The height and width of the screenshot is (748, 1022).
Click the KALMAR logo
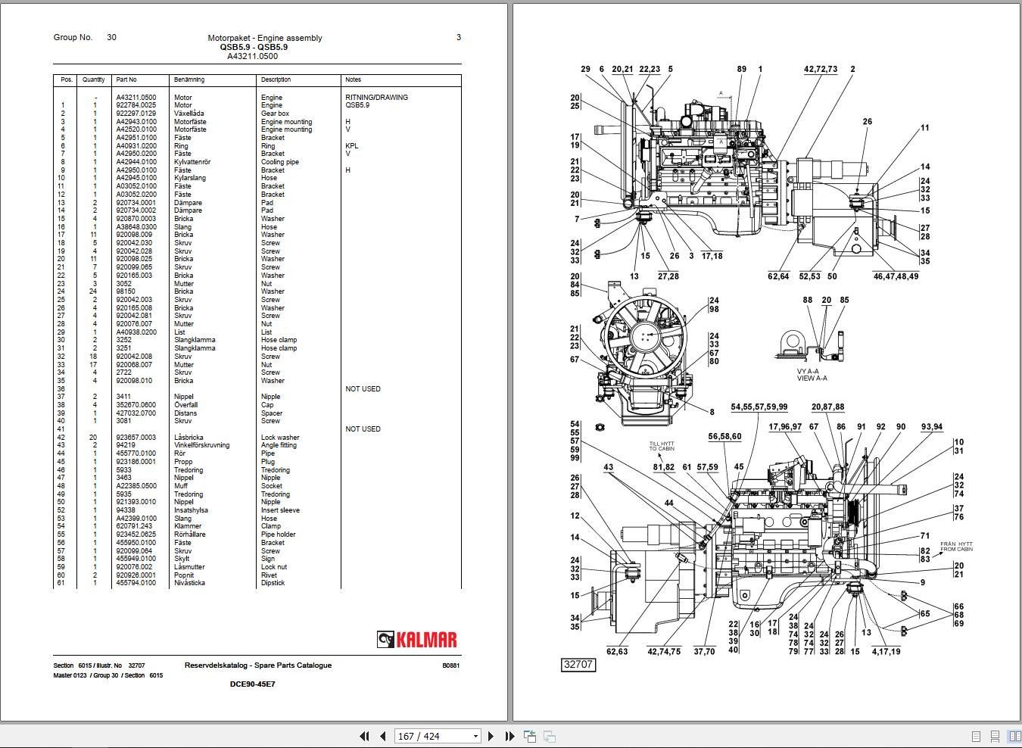tap(417, 640)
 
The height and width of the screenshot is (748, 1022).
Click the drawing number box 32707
tap(578, 665)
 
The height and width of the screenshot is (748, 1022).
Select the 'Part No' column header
tap(126, 79)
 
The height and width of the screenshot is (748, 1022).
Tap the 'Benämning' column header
tap(189, 79)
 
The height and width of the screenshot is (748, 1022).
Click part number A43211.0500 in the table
tap(136, 98)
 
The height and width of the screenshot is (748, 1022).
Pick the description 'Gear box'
tap(275, 114)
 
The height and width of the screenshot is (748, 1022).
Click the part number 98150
tap(126, 291)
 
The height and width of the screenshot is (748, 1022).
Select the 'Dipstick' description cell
tap(273, 583)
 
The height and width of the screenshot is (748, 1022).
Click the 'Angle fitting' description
tap(279, 445)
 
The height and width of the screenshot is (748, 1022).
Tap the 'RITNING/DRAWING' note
tap(376, 98)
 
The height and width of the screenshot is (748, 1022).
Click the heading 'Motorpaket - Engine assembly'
tap(264, 38)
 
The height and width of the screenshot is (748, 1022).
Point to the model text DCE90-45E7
tap(252, 684)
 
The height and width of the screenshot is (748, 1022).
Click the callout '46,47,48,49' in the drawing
tap(896, 276)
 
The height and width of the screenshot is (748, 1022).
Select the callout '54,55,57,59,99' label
tap(759, 407)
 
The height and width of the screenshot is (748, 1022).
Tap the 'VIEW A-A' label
tap(812, 379)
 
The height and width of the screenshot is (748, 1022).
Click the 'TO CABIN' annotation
tap(661, 449)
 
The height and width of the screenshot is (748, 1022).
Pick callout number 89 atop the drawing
tap(741, 69)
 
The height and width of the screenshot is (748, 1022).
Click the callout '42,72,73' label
tap(821, 69)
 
